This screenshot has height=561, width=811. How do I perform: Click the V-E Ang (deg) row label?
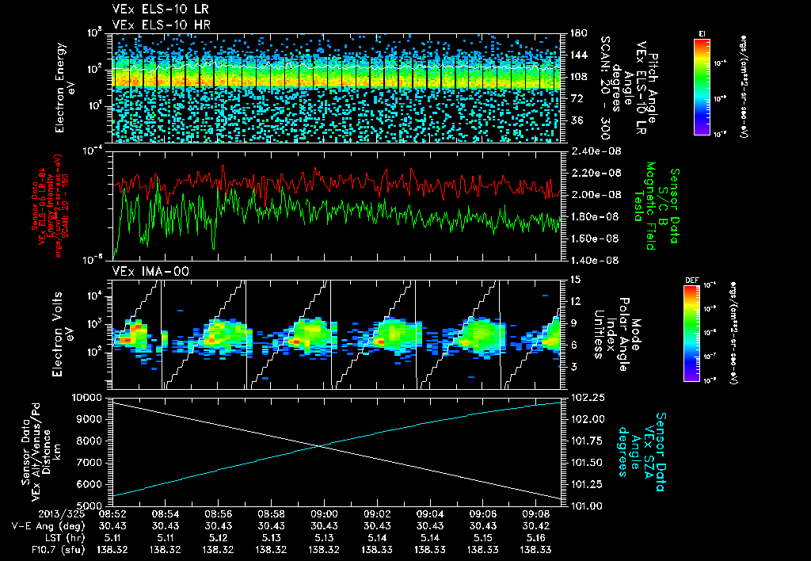click(x=49, y=525)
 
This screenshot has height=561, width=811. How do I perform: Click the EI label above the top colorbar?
click(x=702, y=32)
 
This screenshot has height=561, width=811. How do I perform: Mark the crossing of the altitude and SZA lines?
click(x=319, y=446)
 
